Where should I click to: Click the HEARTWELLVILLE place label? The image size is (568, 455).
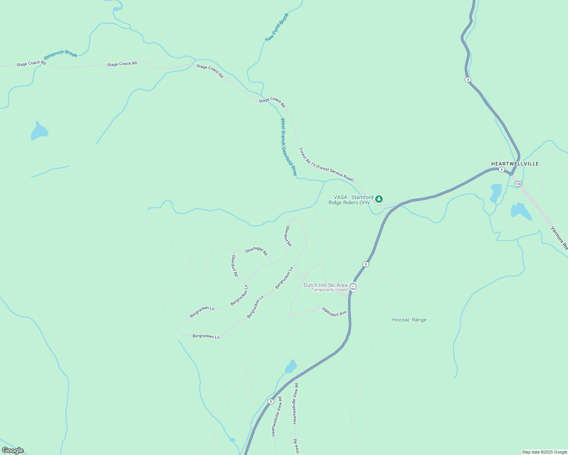[515, 164]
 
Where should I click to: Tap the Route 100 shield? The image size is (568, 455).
[518, 184]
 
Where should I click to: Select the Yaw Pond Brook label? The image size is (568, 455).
[277, 27]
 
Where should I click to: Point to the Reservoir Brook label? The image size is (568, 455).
[61, 55]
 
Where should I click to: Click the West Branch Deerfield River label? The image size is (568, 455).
[288, 147]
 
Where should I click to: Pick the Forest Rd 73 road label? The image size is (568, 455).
[326, 165]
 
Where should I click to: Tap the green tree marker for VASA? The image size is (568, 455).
[379, 199]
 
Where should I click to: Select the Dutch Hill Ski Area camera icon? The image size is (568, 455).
[353, 287]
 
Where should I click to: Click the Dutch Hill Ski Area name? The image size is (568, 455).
[325, 285]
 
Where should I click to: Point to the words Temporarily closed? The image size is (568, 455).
[329, 290]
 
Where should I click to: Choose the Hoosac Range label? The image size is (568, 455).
[409, 320]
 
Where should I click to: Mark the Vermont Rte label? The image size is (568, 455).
[559, 238]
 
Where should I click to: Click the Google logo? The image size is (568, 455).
[13, 450]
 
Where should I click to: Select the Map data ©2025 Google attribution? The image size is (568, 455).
[544, 452]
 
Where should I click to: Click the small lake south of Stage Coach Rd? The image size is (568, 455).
[39, 132]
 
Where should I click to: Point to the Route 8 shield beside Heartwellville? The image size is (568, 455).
[502, 169]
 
